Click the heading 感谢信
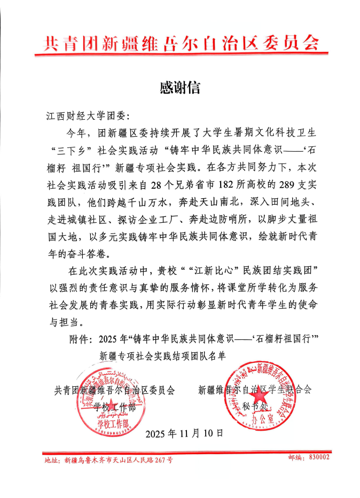(180, 87)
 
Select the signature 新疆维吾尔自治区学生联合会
(254, 390)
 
